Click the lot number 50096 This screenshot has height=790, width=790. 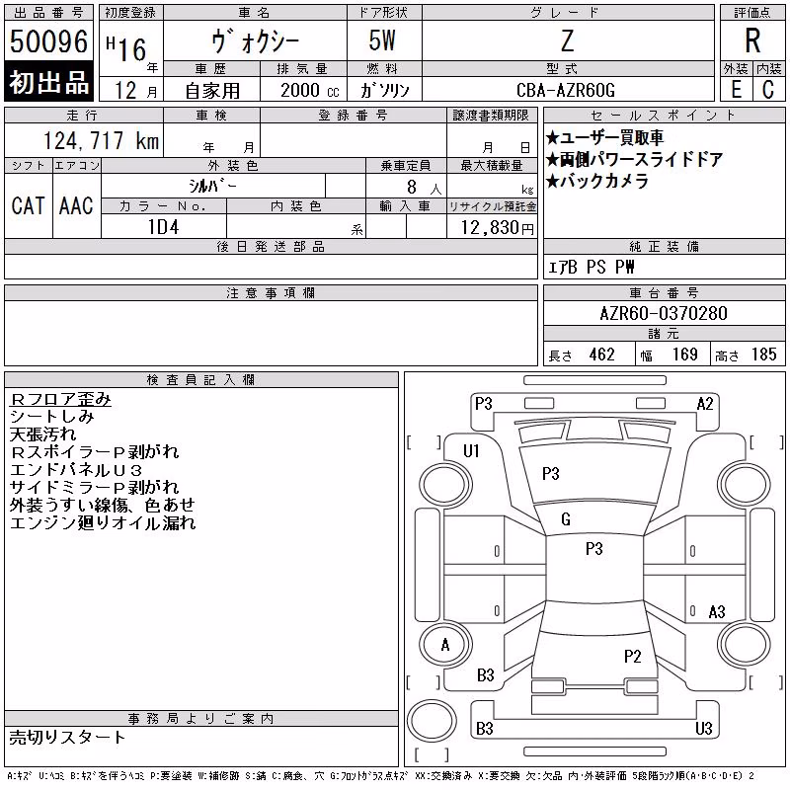48,41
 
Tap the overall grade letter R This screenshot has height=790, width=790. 752,40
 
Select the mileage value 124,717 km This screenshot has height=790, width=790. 102,140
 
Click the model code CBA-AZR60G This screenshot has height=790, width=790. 566,90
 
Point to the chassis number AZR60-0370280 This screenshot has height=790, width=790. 664,313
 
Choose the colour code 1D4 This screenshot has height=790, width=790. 163,227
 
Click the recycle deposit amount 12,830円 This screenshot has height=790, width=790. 498,228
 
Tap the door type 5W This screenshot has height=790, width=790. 382,40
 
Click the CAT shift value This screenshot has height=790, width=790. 29,205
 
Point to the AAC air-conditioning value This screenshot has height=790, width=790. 76,205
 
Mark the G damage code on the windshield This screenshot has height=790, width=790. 566,519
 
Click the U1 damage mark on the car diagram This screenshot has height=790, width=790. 471,451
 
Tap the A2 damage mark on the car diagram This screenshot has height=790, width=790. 705,404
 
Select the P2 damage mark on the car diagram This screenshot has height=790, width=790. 632,657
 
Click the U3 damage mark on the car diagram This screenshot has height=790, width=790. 704,728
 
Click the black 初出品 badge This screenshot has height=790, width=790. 48,82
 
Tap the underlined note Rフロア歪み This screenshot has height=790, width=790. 60,399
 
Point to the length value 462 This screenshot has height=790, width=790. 601,355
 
